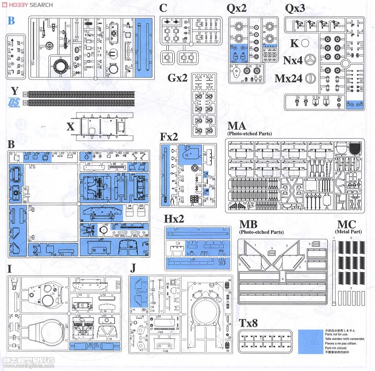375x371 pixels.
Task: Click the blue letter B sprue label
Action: (11, 21)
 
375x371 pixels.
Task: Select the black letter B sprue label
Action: (11, 145)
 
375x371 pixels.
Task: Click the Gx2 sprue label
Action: (177, 78)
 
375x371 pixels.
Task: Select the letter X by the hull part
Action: (70, 127)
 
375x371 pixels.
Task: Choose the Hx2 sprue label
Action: (174, 219)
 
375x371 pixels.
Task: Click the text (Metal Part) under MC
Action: (348, 232)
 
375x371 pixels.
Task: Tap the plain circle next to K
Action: (305, 43)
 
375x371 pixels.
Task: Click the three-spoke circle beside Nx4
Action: (310, 60)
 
